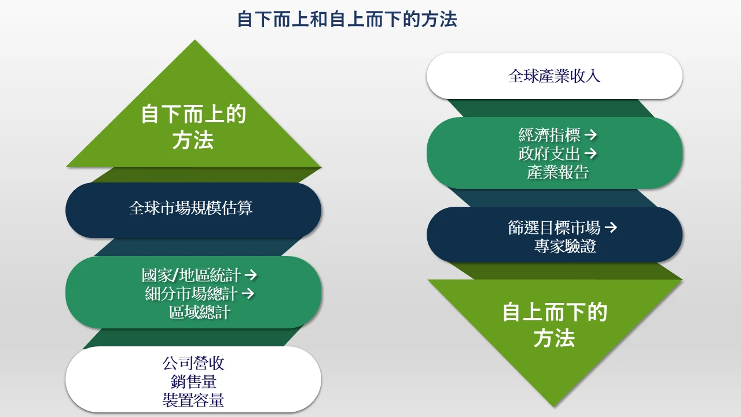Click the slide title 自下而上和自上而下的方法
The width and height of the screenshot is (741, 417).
347,19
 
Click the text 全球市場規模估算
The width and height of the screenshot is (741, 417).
191,209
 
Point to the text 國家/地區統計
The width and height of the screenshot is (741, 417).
191,275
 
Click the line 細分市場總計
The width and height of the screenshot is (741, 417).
191,294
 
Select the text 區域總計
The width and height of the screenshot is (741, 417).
200,313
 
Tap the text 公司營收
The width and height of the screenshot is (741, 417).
193,364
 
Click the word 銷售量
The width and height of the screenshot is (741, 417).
193,382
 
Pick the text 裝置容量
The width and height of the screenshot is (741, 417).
193,400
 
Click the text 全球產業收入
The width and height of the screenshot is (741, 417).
554,76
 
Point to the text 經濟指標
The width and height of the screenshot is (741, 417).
549,136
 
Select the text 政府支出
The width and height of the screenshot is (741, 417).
549,153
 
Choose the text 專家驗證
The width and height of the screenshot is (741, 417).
565,246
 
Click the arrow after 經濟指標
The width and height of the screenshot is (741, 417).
590,136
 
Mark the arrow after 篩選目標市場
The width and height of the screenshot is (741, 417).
610,228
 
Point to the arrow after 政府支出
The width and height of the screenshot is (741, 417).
590,153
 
